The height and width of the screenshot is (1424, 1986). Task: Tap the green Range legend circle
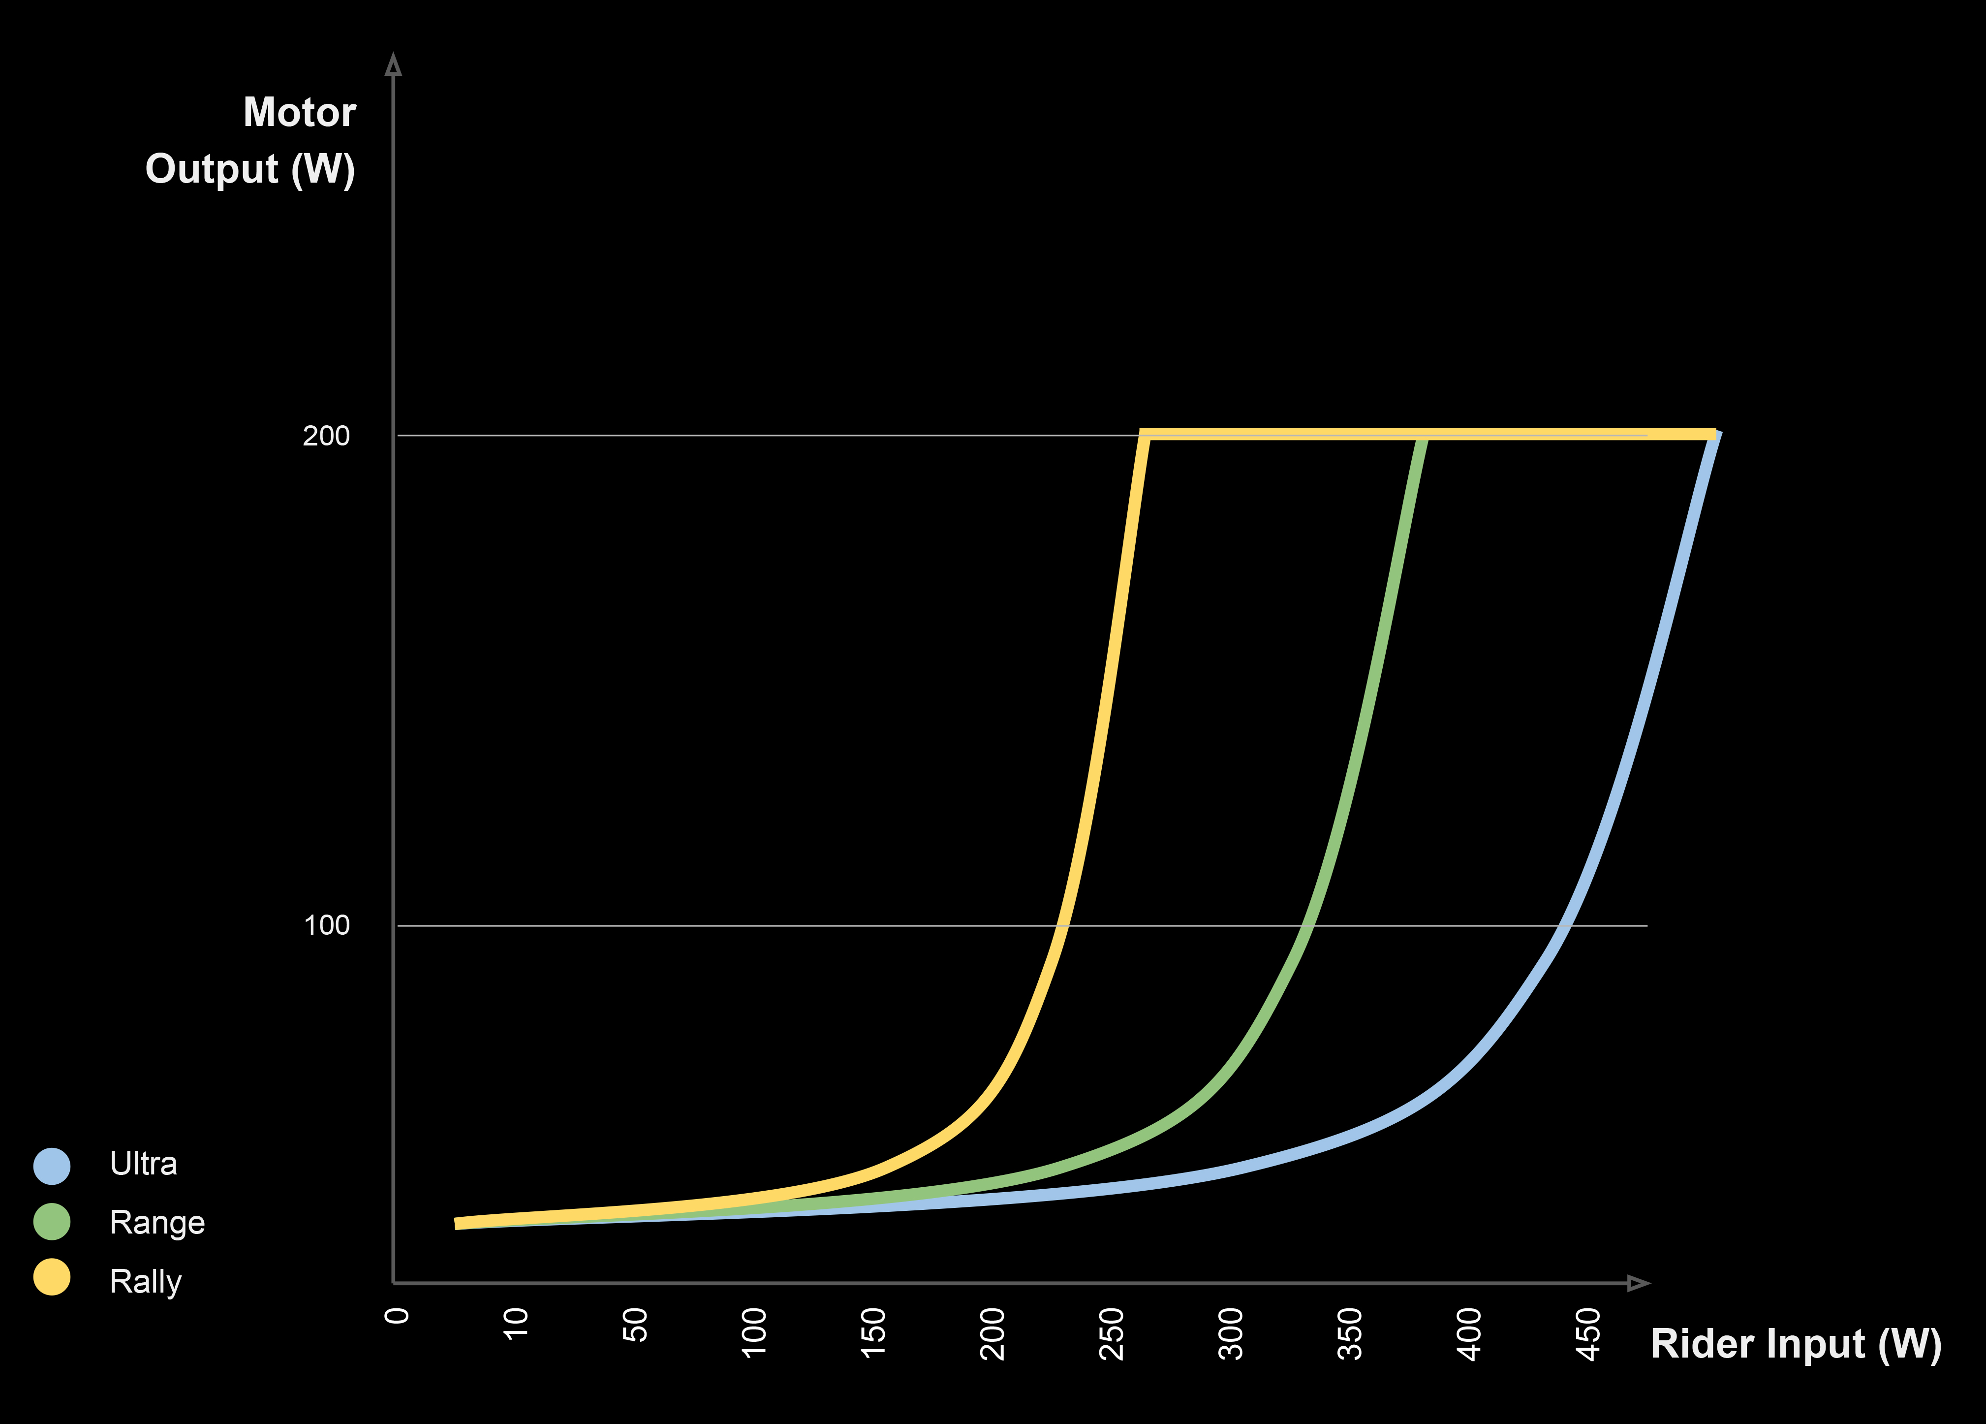point(52,1222)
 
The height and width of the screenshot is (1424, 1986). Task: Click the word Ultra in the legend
point(144,1164)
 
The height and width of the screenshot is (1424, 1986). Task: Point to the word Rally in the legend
point(145,1281)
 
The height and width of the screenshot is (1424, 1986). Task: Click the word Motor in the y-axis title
point(300,113)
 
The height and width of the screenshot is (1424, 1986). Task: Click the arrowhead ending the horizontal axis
point(1638,1283)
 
